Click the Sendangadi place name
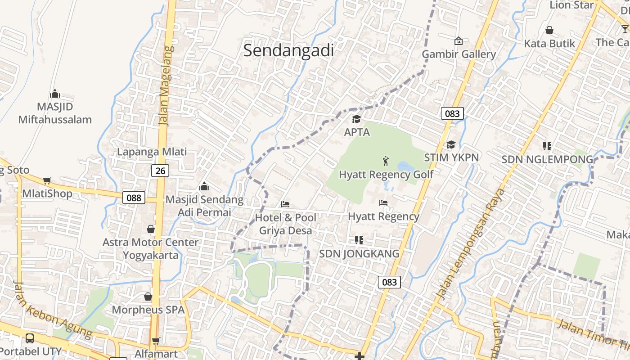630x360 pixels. (288, 50)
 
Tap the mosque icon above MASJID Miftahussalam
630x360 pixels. (55, 94)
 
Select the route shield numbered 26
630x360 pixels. (160, 171)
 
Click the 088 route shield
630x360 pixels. (134, 197)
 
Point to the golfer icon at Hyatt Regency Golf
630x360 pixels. (386, 161)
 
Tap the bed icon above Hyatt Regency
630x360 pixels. (383, 203)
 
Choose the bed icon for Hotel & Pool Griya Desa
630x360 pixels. (285, 204)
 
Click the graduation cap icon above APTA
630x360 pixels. (356, 119)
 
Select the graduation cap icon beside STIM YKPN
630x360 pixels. (451, 144)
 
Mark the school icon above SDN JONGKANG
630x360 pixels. (359, 240)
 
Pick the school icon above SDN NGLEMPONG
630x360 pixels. (547, 146)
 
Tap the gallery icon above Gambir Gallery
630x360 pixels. (458, 41)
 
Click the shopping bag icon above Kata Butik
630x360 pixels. (549, 30)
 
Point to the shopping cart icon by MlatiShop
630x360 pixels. (47, 181)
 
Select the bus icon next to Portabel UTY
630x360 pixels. (30, 338)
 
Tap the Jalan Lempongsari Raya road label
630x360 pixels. (471, 245)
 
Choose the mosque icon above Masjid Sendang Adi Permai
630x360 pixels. (204, 186)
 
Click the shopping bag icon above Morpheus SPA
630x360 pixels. (148, 297)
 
